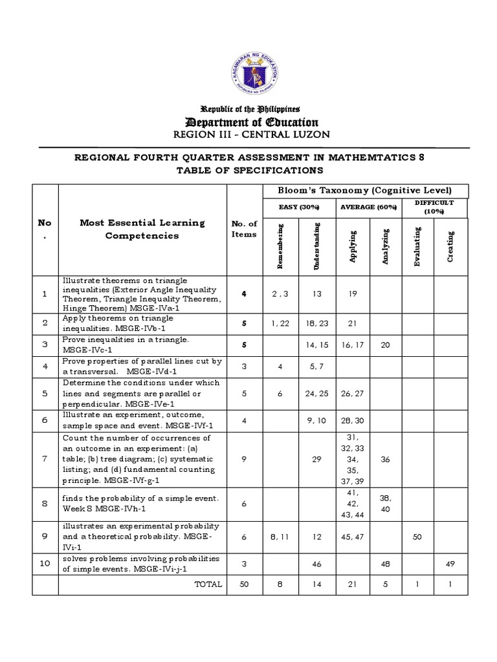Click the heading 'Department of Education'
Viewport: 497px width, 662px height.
pyautogui.click(x=249, y=122)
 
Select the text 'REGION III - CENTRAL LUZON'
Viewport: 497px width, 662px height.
pyautogui.click(x=249, y=134)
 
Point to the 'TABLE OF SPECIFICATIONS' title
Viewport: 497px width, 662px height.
pyautogui.click(x=249, y=170)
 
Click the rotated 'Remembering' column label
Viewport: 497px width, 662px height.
pyautogui.click(x=281, y=246)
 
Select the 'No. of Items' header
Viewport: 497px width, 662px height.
pyautogui.click(x=244, y=229)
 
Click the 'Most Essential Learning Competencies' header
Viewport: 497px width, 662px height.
pyautogui.click(x=142, y=229)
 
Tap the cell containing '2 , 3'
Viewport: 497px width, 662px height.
pyautogui.click(x=280, y=294)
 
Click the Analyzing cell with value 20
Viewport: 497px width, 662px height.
pyautogui.click(x=386, y=345)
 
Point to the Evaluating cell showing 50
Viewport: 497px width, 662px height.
pyautogui.click(x=417, y=537)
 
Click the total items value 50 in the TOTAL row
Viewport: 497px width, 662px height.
pyautogui.click(x=244, y=584)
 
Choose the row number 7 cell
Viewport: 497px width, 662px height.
pyautogui.click(x=45, y=458)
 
